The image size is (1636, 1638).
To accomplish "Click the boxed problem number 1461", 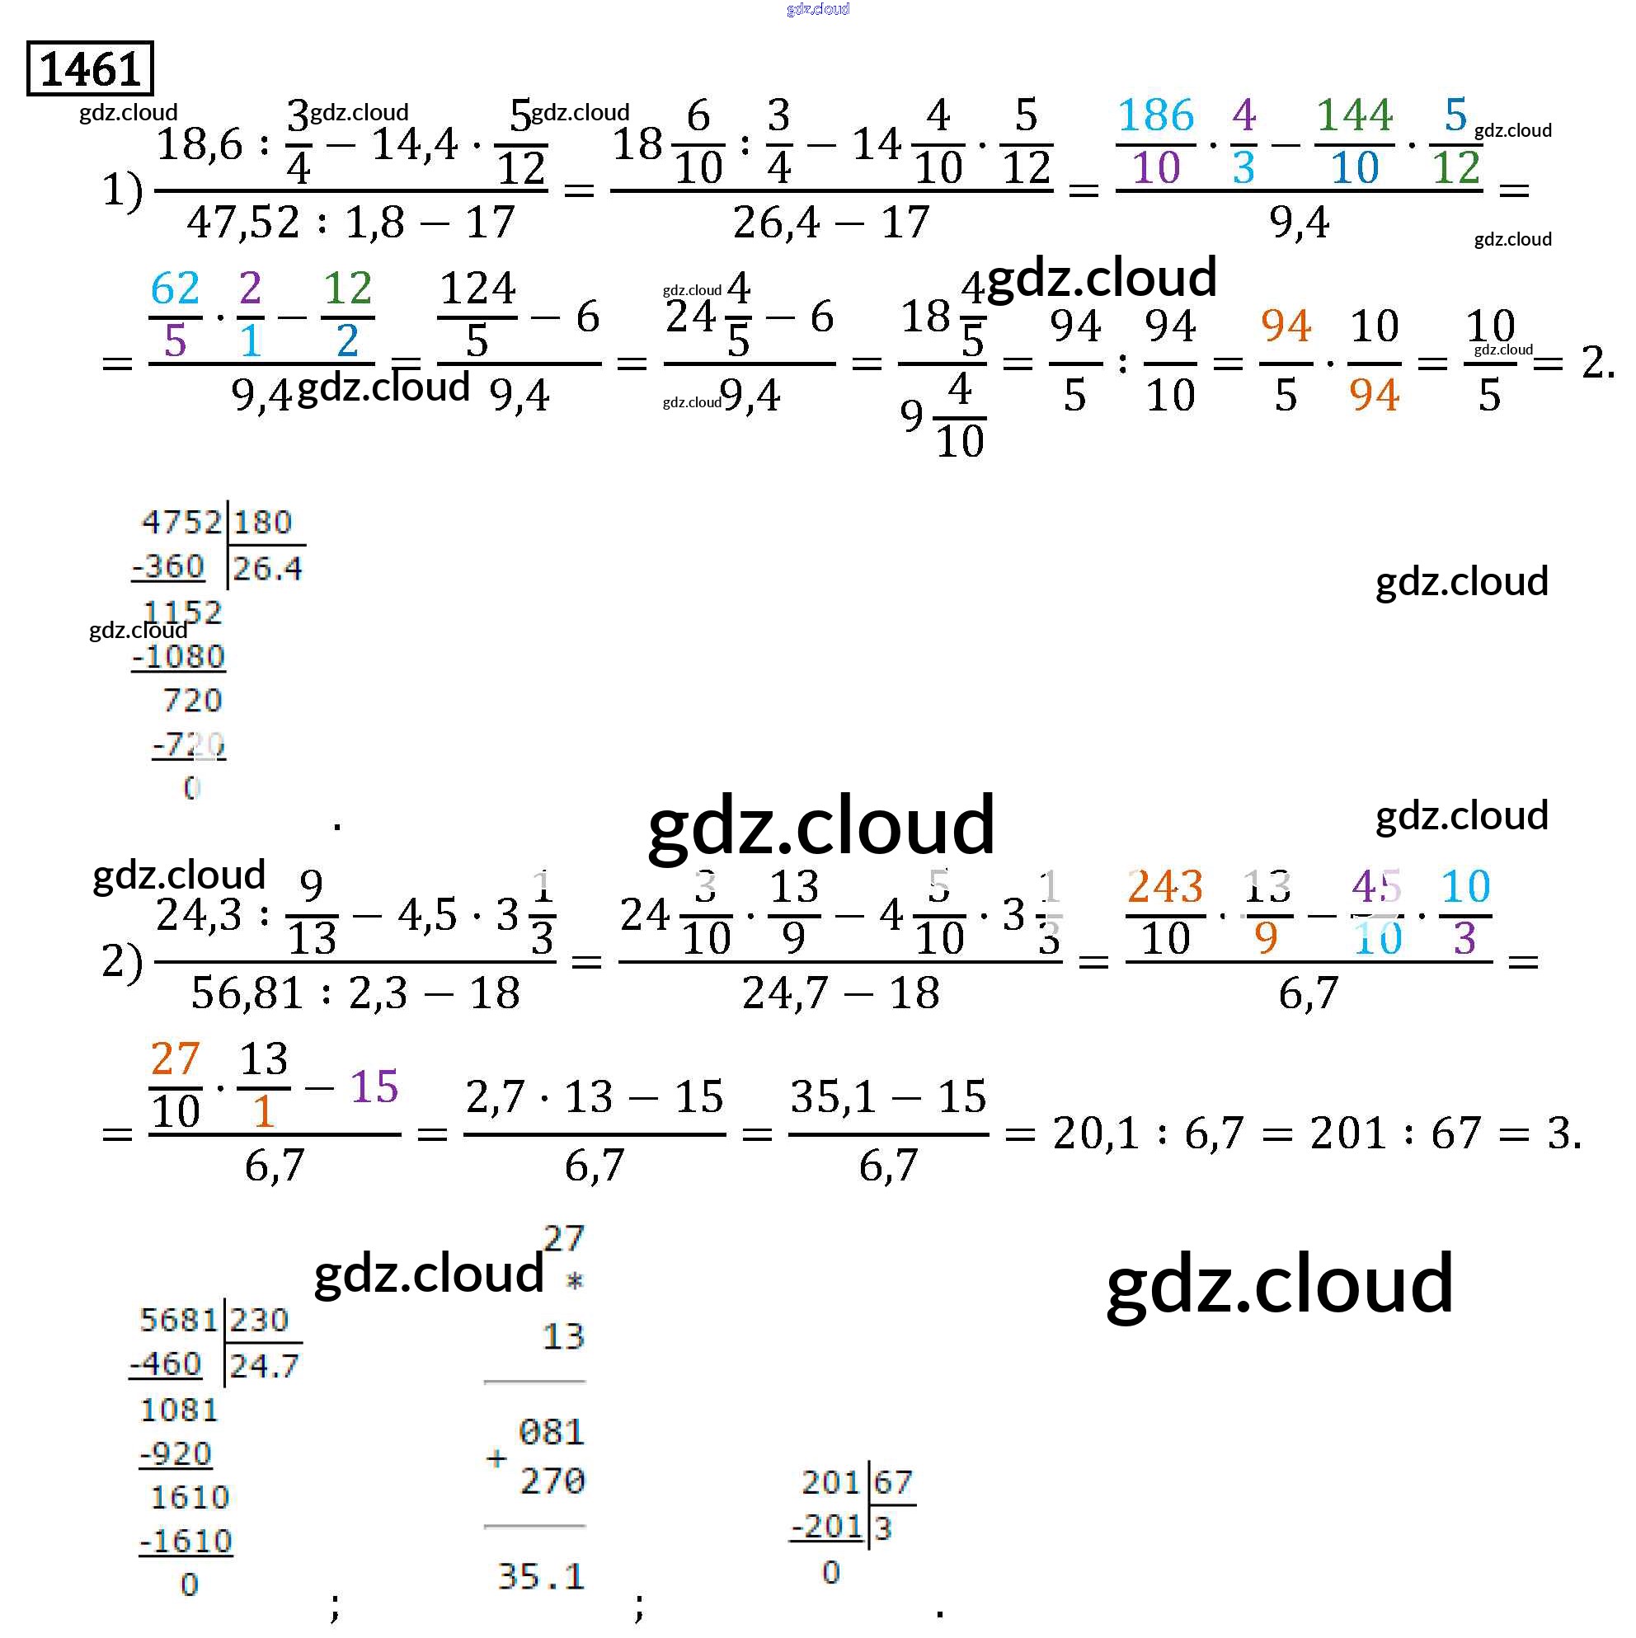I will coord(90,68).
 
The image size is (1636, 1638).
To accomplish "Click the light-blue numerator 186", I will coord(1155,115).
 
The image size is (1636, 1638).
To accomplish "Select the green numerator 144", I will coord(1355,115).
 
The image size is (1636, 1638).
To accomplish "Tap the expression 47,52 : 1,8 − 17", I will coord(350,223).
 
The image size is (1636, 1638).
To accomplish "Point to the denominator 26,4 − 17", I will coord(831,223).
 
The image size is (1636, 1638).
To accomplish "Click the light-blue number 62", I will coord(175,289).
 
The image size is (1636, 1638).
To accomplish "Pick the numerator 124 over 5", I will coord(477,289).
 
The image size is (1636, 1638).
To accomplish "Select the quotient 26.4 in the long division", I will coord(267,568).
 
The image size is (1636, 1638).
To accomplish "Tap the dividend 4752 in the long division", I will coord(181,523).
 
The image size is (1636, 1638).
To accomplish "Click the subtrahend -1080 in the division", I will coord(179,656).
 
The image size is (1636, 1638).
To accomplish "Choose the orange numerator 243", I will coord(1164,888).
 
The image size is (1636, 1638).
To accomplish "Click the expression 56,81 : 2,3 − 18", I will coord(355,993).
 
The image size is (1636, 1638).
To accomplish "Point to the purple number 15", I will coord(374,1086).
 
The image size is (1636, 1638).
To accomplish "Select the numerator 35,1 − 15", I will coord(888,1097).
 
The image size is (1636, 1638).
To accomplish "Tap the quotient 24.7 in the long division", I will coord(264,1366).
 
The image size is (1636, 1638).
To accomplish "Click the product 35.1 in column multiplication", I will coord(541,1577).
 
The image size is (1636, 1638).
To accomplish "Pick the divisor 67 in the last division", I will coord(893,1482).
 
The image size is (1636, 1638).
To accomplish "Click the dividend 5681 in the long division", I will coord(179,1320).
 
